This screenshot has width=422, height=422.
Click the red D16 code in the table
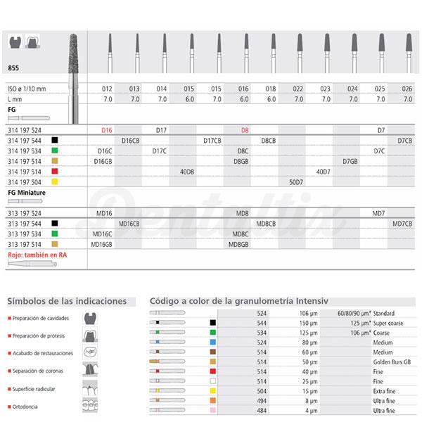107,130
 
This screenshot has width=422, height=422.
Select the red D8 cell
245,130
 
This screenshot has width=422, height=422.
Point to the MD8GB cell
241,243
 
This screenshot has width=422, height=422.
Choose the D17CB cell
212,140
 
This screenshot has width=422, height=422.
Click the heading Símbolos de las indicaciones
67,301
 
